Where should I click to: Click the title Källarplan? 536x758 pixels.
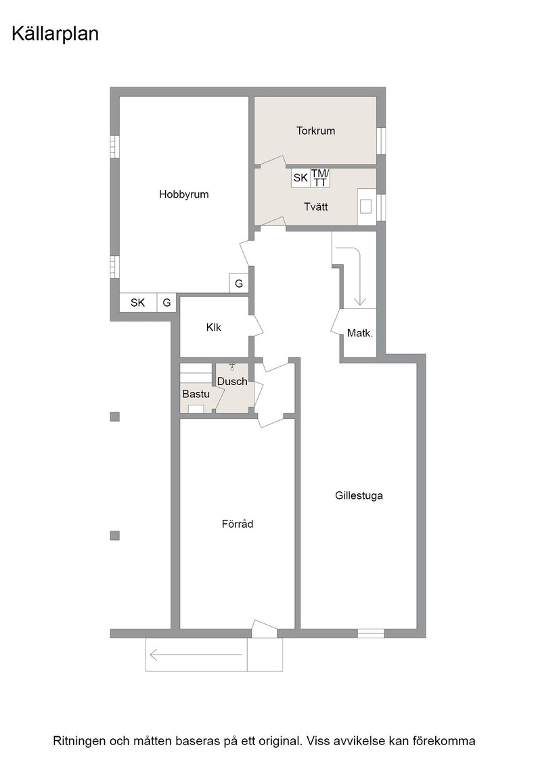(x=55, y=34)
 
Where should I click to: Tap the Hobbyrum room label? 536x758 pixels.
(x=183, y=194)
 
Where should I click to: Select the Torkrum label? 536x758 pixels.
(x=315, y=131)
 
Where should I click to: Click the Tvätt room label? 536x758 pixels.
(x=315, y=206)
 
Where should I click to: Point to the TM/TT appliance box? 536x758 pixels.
(x=319, y=177)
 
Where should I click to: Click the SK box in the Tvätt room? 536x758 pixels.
(x=300, y=177)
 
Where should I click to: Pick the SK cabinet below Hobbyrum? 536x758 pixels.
(x=138, y=303)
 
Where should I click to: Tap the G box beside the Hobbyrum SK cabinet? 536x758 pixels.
(x=166, y=303)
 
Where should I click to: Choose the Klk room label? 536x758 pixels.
(x=214, y=328)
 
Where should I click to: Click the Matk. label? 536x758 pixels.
(x=360, y=332)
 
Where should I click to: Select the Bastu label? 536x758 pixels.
(x=196, y=394)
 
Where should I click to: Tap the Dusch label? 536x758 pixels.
(x=232, y=382)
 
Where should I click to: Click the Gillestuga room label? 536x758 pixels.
(x=359, y=495)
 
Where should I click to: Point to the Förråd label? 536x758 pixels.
(x=238, y=524)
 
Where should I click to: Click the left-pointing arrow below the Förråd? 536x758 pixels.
(x=196, y=655)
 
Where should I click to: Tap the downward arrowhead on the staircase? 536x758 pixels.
(x=359, y=301)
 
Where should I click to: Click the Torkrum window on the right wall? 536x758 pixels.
(x=381, y=141)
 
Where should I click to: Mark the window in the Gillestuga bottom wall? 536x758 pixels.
(x=371, y=633)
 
